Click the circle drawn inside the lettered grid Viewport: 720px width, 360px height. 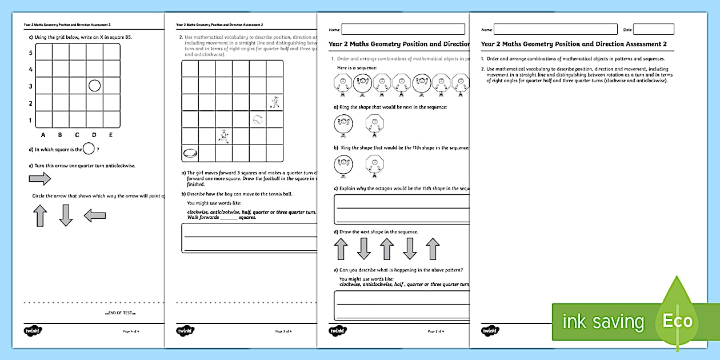click(95, 86)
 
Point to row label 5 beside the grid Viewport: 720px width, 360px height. click(30, 53)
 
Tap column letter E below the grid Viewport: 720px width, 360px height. click(111, 135)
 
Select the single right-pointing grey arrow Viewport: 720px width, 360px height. click(40, 179)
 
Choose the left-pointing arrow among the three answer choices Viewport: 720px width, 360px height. click(94, 215)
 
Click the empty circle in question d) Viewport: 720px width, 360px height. click(89, 150)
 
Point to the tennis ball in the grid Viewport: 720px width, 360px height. click(258, 120)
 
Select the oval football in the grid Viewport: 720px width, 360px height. click(190, 153)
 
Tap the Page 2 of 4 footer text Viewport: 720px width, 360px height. click(436, 331)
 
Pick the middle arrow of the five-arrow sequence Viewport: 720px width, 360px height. click(387, 249)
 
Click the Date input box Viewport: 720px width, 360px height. click(653, 29)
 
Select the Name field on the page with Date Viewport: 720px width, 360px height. click(555, 29)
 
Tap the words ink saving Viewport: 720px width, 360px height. click(603, 322)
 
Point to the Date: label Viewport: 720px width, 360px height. click(627, 29)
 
